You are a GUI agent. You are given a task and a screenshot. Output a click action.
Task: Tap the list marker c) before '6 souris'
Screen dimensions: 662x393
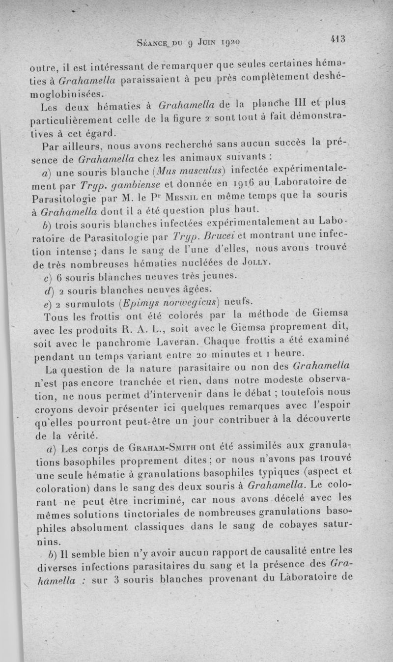click(x=48, y=277)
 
